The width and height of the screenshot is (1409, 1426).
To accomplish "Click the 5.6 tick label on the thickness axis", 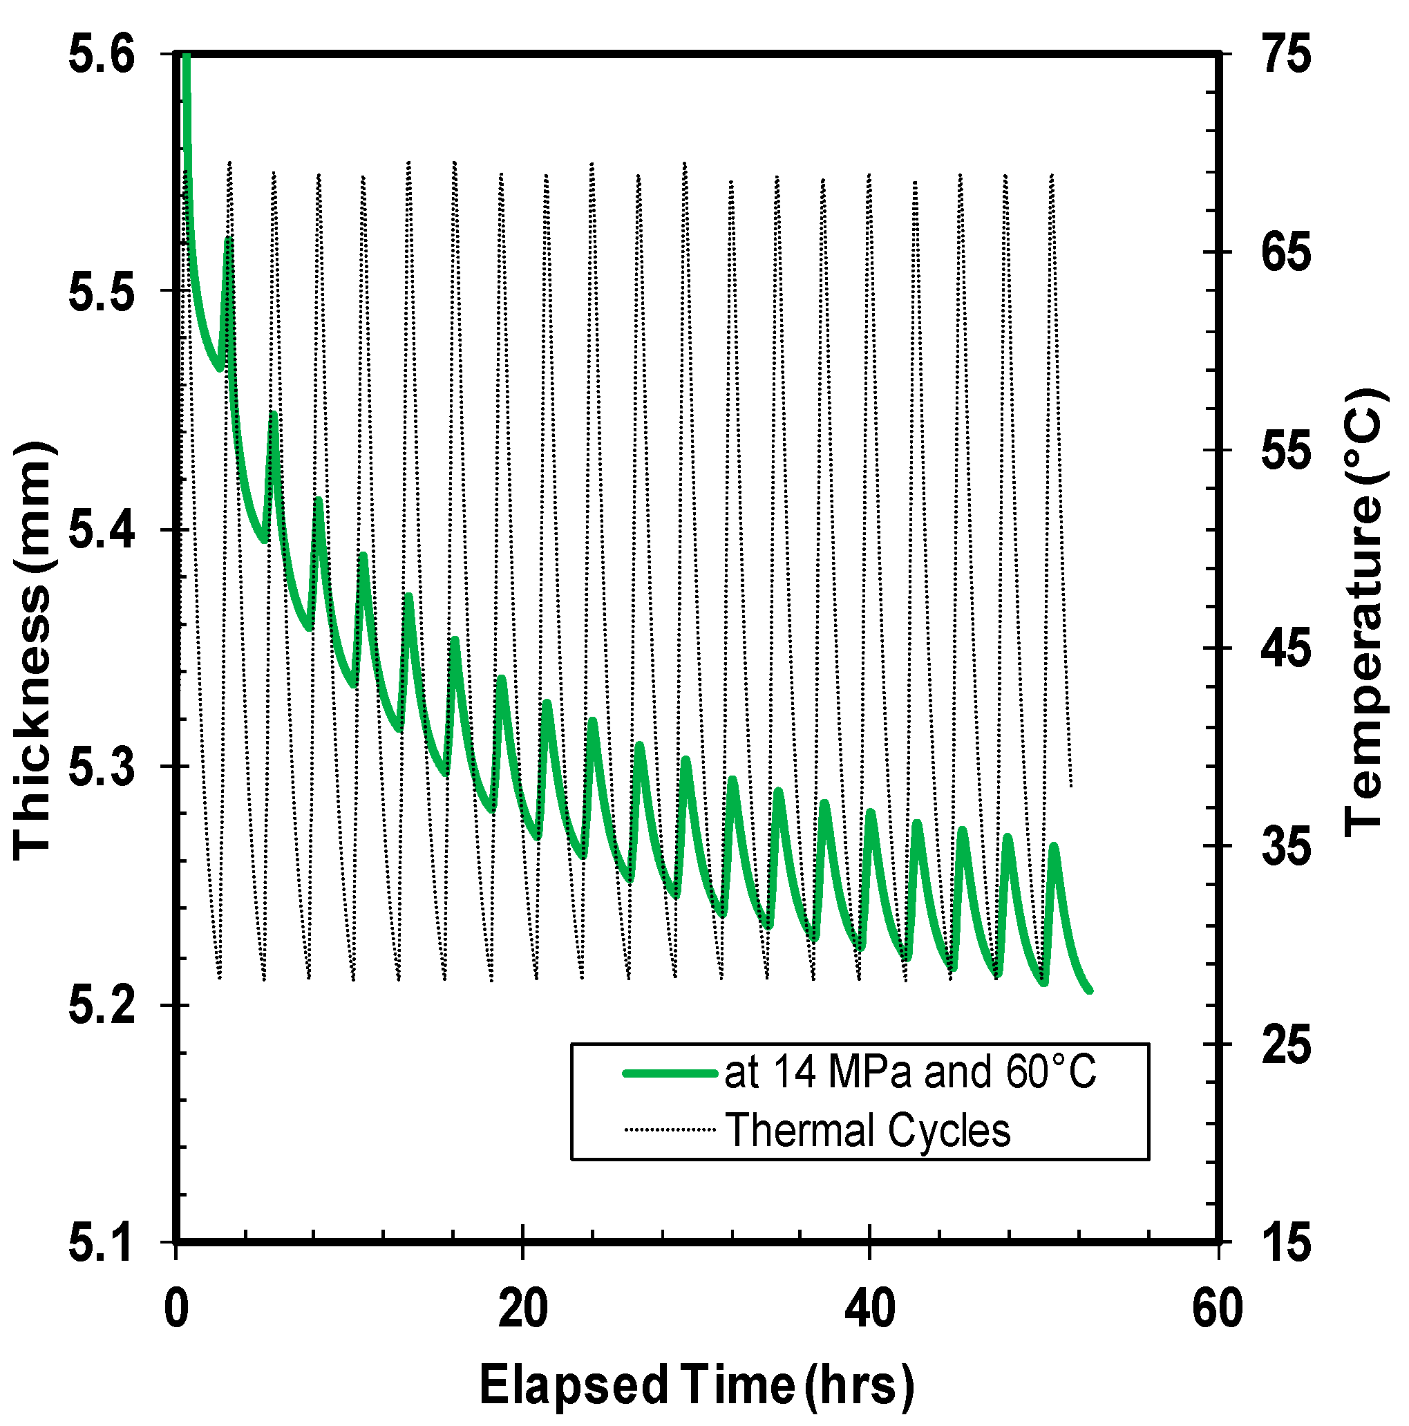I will (102, 55).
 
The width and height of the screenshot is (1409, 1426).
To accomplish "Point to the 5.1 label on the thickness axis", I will (102, 1243).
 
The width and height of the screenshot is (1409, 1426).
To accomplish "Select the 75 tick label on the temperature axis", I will (1286, 55).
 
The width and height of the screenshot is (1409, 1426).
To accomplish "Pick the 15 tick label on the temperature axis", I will (1286, 1243).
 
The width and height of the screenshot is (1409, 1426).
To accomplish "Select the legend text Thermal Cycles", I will (867, 1130).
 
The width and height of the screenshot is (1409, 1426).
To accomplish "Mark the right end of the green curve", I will (1090, 991).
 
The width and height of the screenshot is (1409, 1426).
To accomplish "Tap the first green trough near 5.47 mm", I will (220, 368).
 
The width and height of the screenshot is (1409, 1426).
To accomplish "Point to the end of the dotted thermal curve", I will (1071, 787).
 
